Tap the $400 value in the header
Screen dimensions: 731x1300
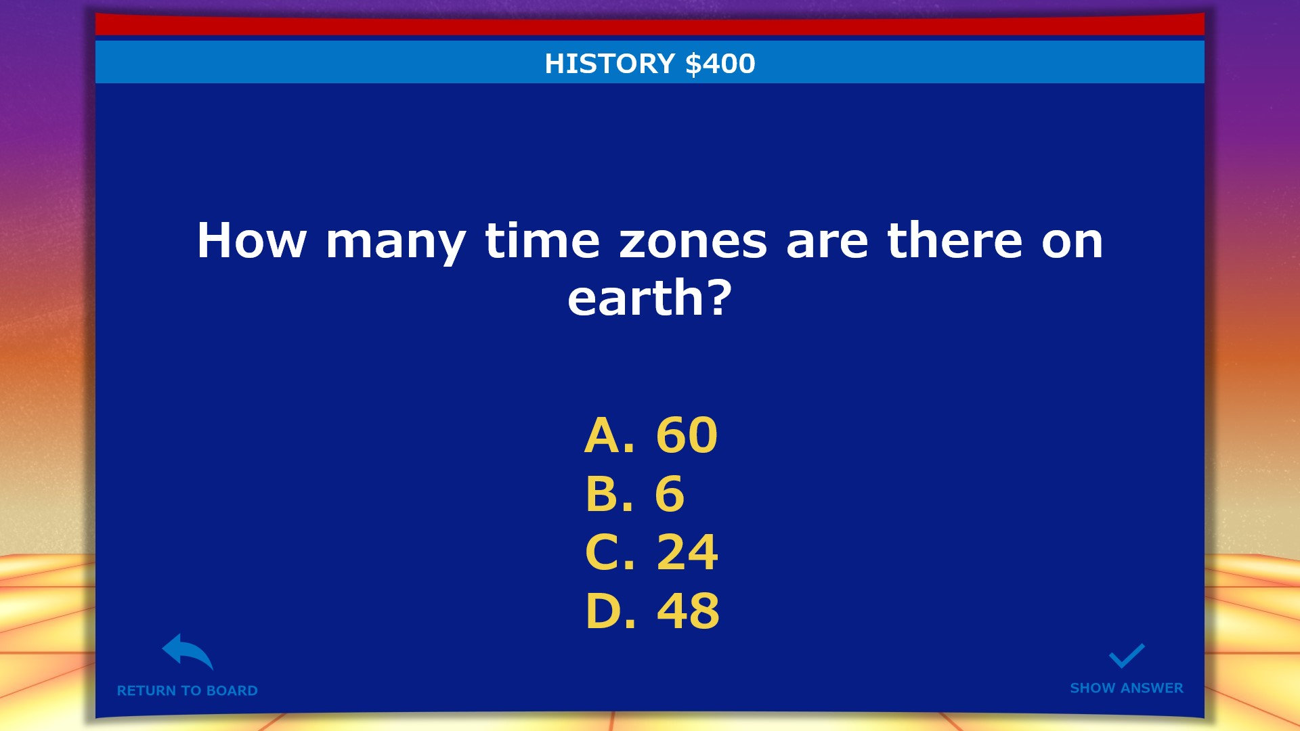(720, 64)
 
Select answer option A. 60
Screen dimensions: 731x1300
(651, 435)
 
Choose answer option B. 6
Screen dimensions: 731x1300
(634, 494)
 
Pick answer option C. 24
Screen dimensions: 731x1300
(651, 553)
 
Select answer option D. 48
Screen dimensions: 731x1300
(652, 611)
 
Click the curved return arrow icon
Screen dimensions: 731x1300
(188, 652)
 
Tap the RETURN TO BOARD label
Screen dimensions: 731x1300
(187, 690)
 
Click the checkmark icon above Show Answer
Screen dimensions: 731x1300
(1126, 655)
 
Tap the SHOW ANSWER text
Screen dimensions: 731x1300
(1126, 688)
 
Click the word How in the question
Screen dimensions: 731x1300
(251, 241)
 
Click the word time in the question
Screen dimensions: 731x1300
(542, 241)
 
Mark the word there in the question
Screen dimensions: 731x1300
(955, 241)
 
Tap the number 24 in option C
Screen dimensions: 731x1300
(687, 553)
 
